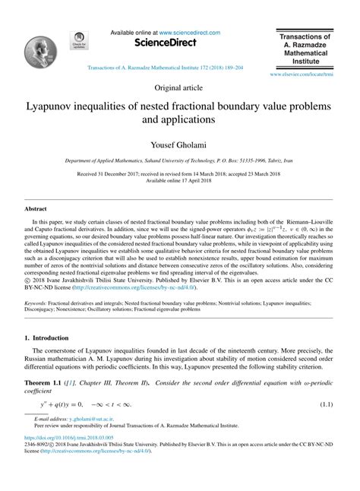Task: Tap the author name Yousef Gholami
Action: [180, 144]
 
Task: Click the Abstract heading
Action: [36, 207]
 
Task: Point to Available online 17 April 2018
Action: [180, 180]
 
